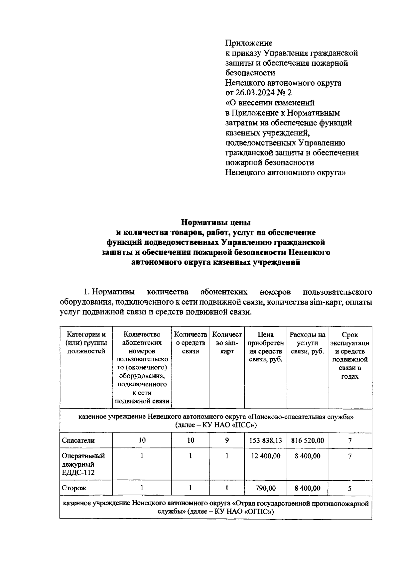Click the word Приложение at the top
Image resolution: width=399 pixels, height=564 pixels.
click(x=249, y=43)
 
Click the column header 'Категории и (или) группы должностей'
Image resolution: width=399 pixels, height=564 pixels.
click(x=86, y=343)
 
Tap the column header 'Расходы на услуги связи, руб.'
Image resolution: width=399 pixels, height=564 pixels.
click(x=307, y=343)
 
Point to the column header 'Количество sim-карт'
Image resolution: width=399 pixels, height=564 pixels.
click(x=227, y=343)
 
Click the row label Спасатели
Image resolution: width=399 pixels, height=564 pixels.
click(x=78, y=440)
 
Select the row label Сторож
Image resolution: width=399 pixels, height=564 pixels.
click(x=74, y=488)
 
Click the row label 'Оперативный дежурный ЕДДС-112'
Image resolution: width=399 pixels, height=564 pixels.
click(x=83, y=464)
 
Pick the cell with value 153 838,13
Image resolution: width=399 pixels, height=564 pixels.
click(x=266, y=440)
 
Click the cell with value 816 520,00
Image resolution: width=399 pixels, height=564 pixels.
click(x=307, y=440)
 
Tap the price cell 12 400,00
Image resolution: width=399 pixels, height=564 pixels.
click(x=266, y=456)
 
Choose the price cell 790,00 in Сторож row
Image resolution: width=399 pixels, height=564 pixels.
click(x=266, y=488)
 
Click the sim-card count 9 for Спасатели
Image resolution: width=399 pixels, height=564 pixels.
click(x=227, y=440)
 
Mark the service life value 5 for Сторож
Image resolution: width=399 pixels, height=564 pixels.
click(x=350, y=488)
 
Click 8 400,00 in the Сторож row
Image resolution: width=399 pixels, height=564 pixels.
click(x=307, y=488)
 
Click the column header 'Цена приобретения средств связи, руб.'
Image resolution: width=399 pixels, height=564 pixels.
click(x=266, y=347)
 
